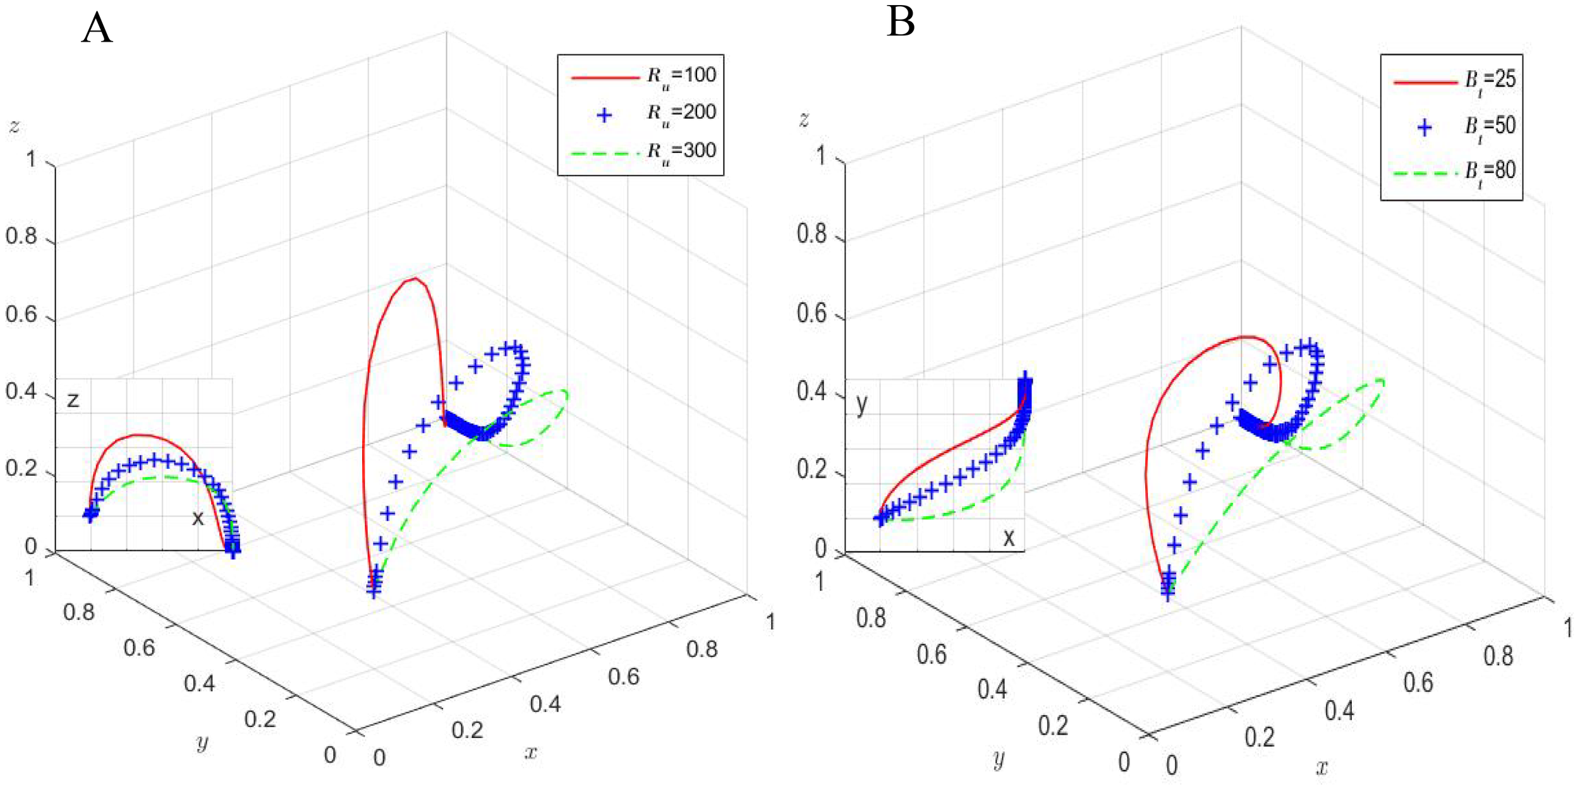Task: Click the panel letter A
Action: pyautogui.click(x=97, y=29)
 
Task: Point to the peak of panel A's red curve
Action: pyautogui.click(x=414, y=279)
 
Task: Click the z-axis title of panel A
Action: pyautogui.click(x=15, y=126)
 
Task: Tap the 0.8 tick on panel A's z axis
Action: pyautogui.click(x=21, y=236)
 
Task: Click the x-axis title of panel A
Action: pyautogui.click(x=531, y=752)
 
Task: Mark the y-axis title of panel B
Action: pyautogui.click(x=999, y=758)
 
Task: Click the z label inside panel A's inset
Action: pyautogui.click(x=73, y=399)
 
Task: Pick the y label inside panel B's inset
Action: pyautogui.click(x=861, y=404)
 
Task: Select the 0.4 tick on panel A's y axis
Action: pyautogui.click(x=199, y=683)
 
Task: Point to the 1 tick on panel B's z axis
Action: pyautogui.click(x=820, y=155)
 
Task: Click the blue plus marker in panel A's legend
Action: pyautogui.click(x=604, y=115)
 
